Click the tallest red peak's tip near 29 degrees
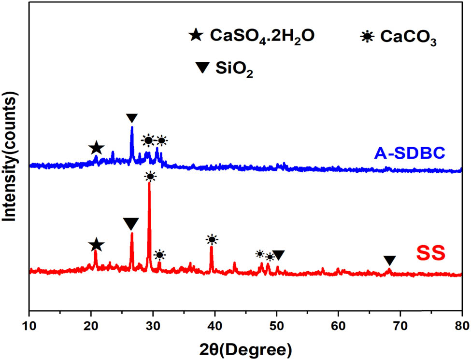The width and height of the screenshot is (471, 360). [149, 183]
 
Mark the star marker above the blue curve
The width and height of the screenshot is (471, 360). [97, 148]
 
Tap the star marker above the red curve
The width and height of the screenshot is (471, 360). [97, 245]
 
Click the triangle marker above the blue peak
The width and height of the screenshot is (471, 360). [131, 118]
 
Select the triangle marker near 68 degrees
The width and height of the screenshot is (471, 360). [390, 260]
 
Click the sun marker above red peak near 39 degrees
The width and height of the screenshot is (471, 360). [212, 239]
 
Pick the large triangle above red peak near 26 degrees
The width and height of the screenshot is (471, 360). [131, 224]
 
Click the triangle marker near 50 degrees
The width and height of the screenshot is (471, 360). [278, 255]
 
